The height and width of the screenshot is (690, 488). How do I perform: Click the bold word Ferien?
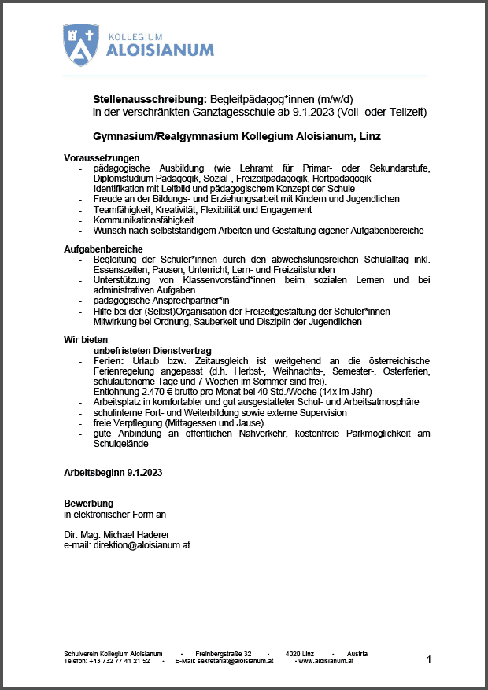[109, 360]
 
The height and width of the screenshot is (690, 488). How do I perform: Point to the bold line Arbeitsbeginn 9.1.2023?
[113, 472]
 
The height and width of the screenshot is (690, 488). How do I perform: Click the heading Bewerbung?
[88, 504]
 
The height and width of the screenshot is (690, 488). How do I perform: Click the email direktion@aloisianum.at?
[138, 544]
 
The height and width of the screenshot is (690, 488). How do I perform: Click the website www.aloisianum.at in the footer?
[327, 662]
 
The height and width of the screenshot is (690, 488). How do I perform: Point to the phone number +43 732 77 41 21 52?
[119, 662]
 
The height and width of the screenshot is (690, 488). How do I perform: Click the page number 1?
[429, 659]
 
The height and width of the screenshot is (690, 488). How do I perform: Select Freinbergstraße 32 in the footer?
[224, 654]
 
